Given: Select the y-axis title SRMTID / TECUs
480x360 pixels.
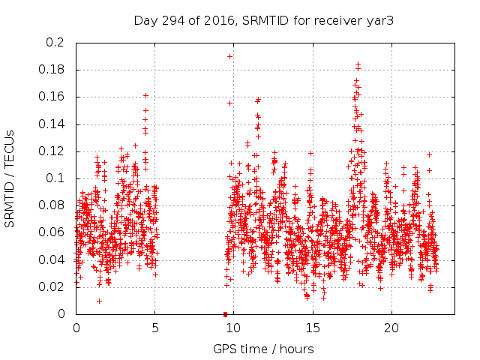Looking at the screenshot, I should tap(10, 178).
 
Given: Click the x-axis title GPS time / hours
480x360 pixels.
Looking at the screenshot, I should tap(263, 349).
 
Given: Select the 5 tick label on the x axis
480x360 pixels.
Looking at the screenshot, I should tap(155, 328).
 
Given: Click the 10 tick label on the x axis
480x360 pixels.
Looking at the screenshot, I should tap(233, 328).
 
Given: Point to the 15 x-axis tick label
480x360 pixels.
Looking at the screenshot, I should tap(312, 328).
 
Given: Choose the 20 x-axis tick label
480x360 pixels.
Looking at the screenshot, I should tap(391, 328).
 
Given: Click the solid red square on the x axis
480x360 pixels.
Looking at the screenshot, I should tap(225, 314).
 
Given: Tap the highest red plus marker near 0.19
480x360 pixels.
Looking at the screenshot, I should tap(229, 56).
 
